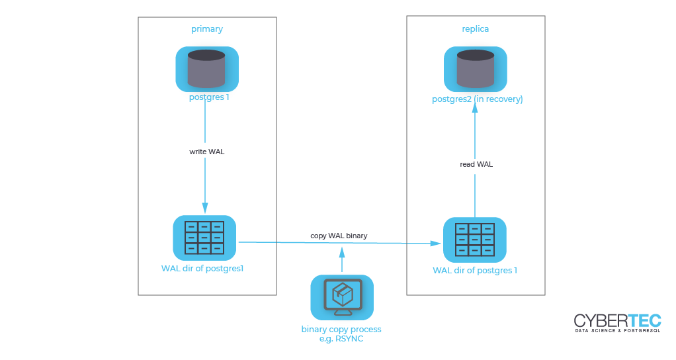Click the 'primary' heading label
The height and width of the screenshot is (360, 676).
[207, 29]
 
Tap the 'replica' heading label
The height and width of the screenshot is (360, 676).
[475, 29]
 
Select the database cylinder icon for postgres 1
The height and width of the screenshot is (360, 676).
[207, 69]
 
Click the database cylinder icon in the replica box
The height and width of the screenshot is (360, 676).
[476, 69]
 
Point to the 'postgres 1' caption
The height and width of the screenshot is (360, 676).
[209, 97]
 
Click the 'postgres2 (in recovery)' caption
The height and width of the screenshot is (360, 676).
[478, 99]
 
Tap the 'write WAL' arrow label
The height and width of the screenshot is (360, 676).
[207, 152]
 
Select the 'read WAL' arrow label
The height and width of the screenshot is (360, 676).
[476, 164]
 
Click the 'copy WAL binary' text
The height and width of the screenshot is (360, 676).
[339, 236]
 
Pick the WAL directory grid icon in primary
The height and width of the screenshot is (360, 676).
[204, 238]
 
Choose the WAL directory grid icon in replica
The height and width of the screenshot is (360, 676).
[475, 240]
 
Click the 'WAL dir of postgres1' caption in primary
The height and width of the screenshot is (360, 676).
[202, 269]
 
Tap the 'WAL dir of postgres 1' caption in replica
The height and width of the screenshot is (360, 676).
[475, 270]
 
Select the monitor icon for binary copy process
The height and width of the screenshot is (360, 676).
[342, 298]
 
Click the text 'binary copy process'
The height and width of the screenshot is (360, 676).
[341, 330]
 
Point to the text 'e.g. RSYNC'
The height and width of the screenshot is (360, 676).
[341, 339]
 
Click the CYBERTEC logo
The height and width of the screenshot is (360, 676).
[617, 323]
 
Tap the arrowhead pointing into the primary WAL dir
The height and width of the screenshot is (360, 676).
[205, 208]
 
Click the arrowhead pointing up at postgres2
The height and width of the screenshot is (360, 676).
[475, 108]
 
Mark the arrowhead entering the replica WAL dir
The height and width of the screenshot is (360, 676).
[435, 243]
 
